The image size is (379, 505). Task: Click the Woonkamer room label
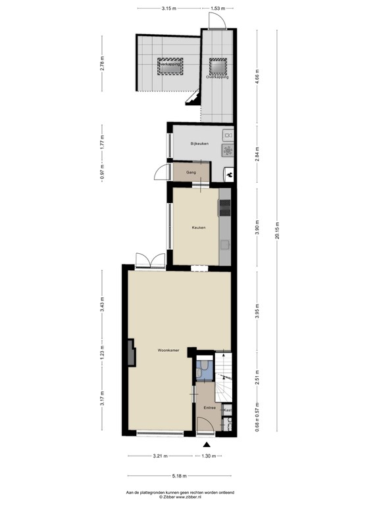[x=168, y=350]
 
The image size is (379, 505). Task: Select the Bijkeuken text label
[x=199, y=143]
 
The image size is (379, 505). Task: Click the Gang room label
[x=191, y=173]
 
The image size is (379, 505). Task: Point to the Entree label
[x=210, y=408]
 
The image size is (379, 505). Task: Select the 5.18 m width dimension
[x=178, y=476]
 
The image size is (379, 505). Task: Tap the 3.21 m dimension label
[x=161, y=456]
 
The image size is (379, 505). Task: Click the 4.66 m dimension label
[x=257, y=74]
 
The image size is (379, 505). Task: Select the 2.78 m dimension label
[x=102, y=64]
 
